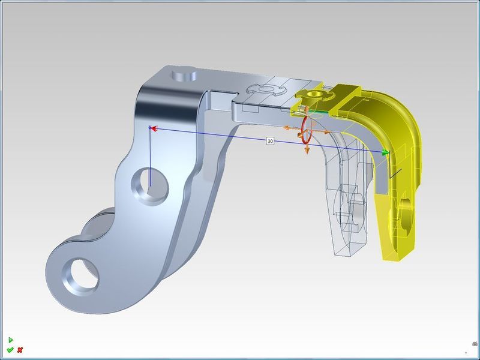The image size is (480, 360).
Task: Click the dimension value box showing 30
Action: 271,141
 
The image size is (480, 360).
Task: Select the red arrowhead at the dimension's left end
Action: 154,128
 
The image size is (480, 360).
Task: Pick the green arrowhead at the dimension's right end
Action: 385,153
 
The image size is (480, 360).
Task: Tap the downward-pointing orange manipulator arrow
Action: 307,151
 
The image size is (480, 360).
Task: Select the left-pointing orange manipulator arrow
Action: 286,128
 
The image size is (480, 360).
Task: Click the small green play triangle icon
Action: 10,340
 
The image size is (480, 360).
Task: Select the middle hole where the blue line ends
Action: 147,184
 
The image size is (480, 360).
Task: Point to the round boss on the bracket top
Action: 183,76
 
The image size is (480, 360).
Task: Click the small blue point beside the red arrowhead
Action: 149,127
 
